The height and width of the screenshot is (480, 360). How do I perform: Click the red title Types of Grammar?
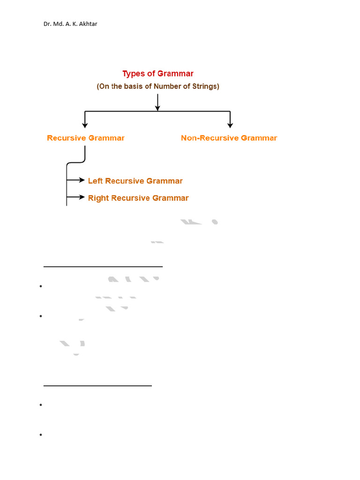pos(158,74)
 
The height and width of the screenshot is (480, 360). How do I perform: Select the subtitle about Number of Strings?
pos(158,86)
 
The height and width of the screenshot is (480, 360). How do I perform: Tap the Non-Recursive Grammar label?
pos(229,138)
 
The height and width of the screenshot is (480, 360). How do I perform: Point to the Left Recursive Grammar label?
pos(135,181)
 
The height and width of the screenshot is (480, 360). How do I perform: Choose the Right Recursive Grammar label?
pos(138,198)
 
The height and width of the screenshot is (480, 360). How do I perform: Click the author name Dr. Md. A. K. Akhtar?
pos(70,23)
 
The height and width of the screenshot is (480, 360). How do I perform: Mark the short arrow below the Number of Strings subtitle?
pos(157,102)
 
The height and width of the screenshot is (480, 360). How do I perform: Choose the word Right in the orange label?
pos(98,198)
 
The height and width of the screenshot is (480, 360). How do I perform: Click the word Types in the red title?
pos(133,74)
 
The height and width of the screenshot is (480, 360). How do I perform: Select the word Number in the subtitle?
pos(161,86)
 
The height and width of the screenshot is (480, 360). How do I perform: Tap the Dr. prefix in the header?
pos(47,23)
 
